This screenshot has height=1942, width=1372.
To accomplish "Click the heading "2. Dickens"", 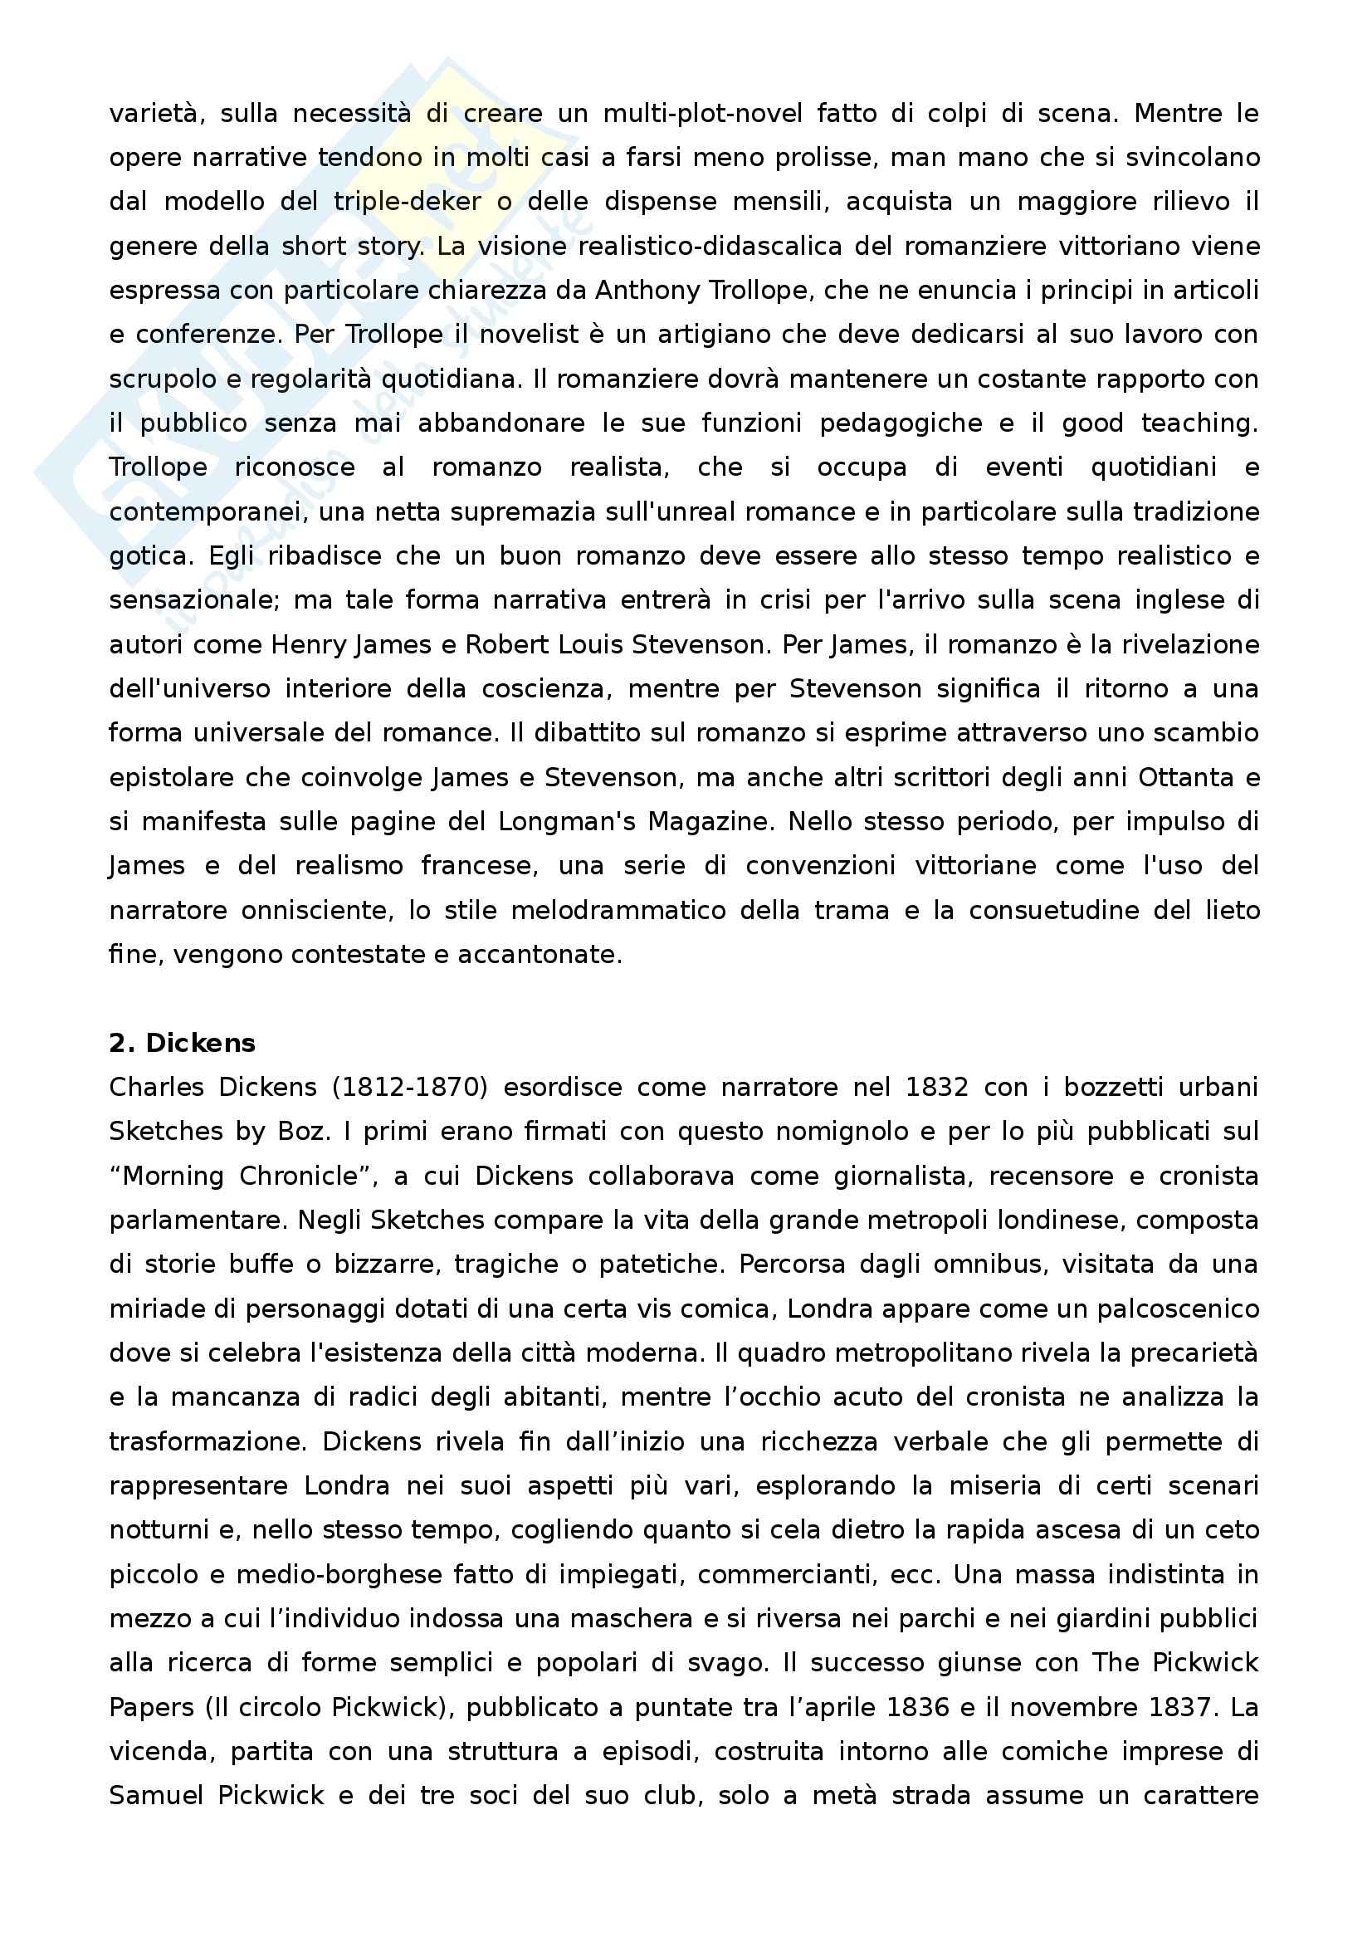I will (182, 1043).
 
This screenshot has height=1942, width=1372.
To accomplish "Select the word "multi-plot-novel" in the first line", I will (702, 114).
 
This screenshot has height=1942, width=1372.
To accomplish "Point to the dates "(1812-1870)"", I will (410, 1087).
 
